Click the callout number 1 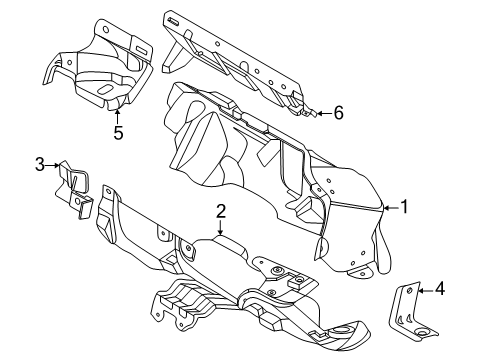click(x=404, y=207)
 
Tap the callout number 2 click(x=221, y=211)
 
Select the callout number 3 click(x=40, y=165)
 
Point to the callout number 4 click(x=440, y=289)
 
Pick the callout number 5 click(x=118, y=133)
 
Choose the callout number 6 click(x=338, y=113)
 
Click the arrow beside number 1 click(x=391, y=208)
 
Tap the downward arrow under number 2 click(x=220, y=227)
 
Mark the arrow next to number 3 click(x=53, y=165)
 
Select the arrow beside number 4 click(x=426, y=291)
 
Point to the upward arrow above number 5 click(x=117, y=117)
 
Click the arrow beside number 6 click(x=324, y=113)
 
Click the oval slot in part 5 click(x=106, y=89)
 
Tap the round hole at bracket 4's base click(x=423, y=332)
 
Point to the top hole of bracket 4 click(x=409, y=291)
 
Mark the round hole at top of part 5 click(x=106, y=29)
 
